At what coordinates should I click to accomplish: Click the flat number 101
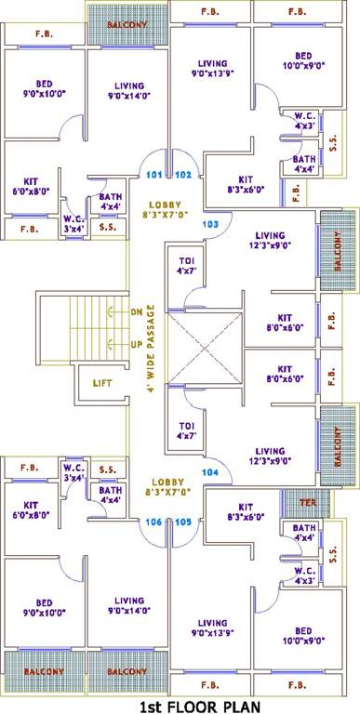154,174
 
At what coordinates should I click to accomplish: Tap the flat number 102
182,174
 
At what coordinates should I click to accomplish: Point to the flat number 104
210,472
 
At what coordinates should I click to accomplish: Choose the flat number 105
182,522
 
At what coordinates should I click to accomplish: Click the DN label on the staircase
136,312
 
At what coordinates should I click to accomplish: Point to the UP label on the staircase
136,344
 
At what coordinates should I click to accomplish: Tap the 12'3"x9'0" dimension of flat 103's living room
271,247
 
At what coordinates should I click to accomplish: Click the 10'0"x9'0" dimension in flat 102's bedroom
302,66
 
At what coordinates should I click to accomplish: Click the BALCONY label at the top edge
125,24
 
